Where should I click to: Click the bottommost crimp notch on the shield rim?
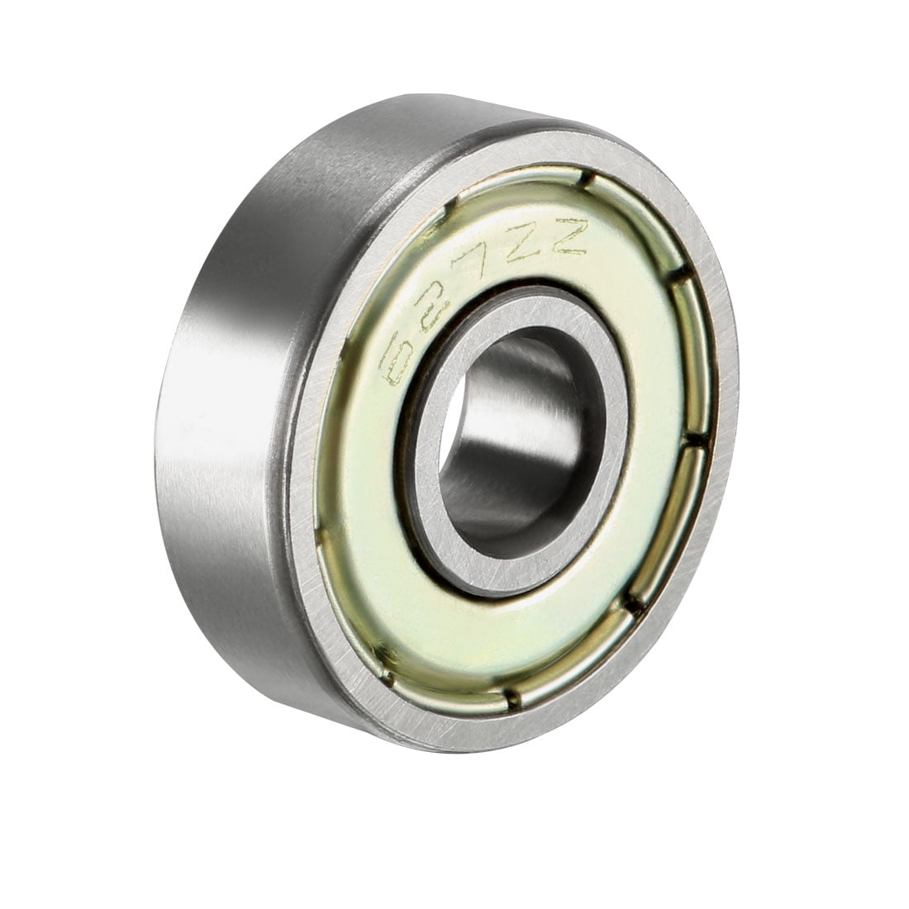tap(507, 709)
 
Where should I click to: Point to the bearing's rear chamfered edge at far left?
tap(165, 463)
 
